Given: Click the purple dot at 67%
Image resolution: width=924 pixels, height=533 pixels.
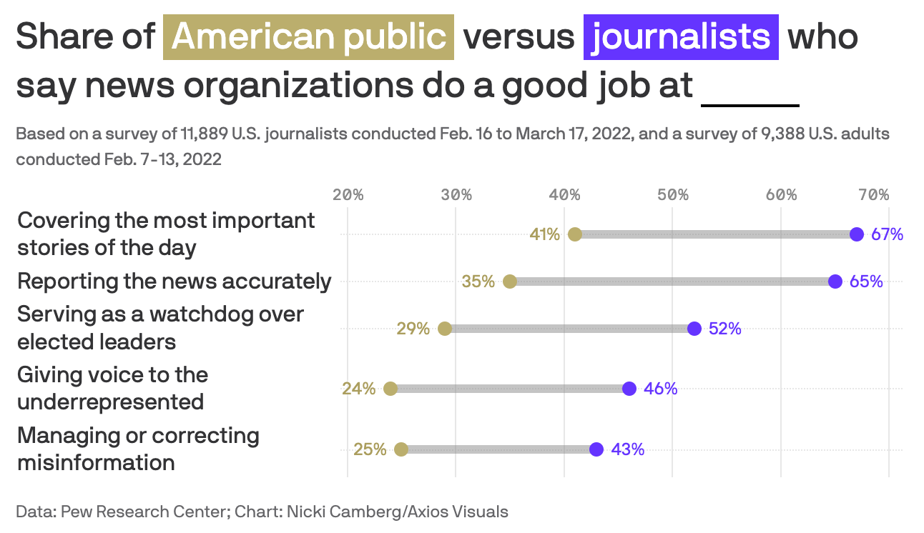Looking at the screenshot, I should [x=857, y=234].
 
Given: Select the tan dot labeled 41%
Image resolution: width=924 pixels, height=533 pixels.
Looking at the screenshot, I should [x=575, y=234].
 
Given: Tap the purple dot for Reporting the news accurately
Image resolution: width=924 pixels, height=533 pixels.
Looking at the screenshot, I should [x=835, y=282].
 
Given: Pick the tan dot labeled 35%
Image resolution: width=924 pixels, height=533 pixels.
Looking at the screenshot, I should [x=510, y=282].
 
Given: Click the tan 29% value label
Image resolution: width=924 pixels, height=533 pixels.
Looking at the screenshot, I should [x=413, y=329].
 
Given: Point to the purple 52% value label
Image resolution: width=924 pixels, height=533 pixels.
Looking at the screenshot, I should [x=724, y=329].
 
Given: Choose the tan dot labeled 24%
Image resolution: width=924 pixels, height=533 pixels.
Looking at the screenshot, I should [x=390, y=389].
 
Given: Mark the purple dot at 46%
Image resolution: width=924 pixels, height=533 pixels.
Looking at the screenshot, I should [x=629, y=389].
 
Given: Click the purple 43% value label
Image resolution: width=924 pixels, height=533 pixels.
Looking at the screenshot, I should [x=628, y=449].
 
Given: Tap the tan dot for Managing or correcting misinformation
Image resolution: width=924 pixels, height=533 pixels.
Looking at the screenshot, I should [x=401, y=449].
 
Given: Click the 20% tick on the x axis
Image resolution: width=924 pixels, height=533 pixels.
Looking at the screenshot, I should [x=348, y=195].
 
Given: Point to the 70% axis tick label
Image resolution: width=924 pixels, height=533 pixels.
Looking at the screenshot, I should [x=874, y=195].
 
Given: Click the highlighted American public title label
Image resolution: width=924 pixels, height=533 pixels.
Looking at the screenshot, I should [x=309, y=36].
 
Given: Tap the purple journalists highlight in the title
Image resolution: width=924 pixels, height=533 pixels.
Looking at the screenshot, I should [x=681, y=36].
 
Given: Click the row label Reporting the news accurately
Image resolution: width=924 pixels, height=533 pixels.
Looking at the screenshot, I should [x=175, y=282].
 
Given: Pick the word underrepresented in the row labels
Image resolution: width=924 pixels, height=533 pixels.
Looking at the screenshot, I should [x=111, y=402].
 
